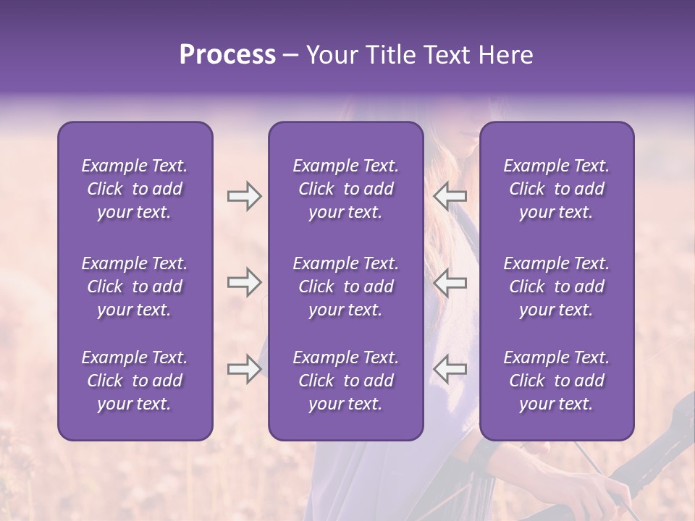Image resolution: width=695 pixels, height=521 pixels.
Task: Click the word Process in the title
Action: pos(227,55)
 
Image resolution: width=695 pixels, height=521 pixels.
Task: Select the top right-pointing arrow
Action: pos(244,196)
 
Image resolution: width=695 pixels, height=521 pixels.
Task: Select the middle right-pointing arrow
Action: pos(244,282)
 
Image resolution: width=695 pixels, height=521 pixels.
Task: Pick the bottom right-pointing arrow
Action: pos(244,370)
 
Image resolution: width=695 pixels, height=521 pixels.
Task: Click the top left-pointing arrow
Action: pos(450,196)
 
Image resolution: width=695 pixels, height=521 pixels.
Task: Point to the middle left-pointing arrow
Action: pos(450,282)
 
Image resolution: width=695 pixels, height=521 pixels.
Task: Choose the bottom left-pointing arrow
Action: pos(450,370)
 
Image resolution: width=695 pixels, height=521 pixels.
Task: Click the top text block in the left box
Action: pos(135,189)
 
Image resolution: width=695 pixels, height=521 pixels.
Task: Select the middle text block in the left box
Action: pos(135,287)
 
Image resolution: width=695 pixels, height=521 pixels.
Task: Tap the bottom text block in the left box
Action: pos(135,381)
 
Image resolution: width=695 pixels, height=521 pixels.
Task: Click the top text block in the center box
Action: pos(345,189)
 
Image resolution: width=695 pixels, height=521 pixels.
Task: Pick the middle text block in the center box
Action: pos(345,287)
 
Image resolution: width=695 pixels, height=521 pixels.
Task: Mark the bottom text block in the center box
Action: pos(345,381)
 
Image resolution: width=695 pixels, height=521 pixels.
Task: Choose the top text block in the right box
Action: pos(556,189)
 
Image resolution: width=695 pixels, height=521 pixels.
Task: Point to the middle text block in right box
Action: pos(556,287)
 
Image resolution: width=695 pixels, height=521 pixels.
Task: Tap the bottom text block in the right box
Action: pos(556,381)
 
